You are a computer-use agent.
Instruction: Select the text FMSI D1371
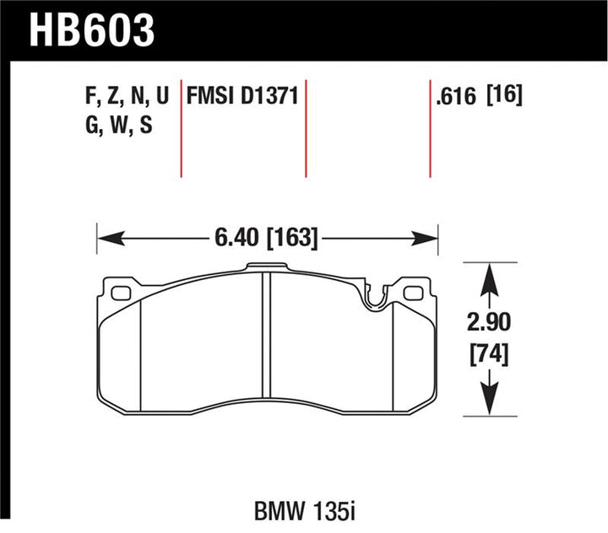[x=242, y=96]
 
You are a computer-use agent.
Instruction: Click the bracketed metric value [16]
[x=504, y=96]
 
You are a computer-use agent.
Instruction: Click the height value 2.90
[x=487, y=322]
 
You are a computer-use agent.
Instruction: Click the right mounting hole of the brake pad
[x=413, y=293]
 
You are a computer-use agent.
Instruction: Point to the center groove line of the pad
[x=263, y=354]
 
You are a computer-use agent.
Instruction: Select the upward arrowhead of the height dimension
[x=487, y=275]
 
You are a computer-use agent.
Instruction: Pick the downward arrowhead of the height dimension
[x=487, y=405]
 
